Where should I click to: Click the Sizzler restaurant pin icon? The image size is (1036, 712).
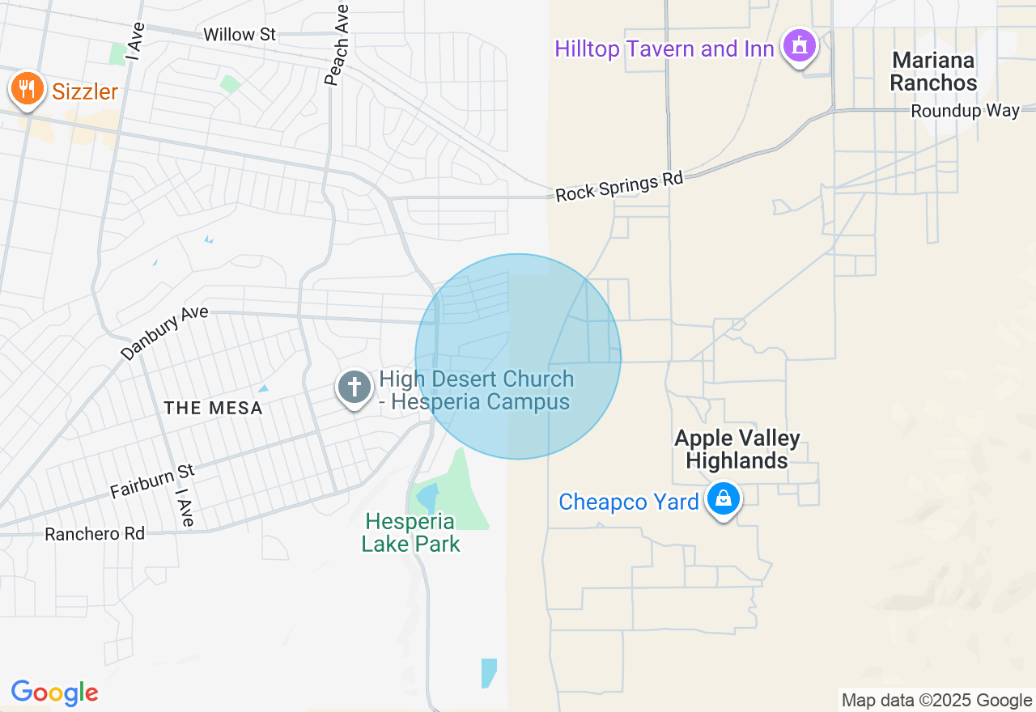pos(28,89)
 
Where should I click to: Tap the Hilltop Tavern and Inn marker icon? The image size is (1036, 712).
pos(800,46)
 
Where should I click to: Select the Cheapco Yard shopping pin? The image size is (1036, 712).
pos(724,499)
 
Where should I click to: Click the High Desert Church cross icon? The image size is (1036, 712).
pos(355,387)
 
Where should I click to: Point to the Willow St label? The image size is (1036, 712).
pos(240,35)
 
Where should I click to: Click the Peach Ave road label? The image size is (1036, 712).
pos(338,45)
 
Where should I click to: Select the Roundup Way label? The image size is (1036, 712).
pos(965,111)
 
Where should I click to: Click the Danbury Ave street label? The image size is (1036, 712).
pos(164,333)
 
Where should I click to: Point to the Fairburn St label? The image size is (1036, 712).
pos(152,481)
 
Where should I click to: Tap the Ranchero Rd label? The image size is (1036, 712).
pos(95,534)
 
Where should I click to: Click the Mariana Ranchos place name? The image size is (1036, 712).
pos(933,71)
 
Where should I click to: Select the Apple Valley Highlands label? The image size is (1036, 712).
pos(737,449)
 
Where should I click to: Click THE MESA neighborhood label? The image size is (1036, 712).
pos(214,408)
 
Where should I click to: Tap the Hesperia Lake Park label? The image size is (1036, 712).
pos(410,532)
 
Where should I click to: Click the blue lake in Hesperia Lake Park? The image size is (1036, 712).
pos(427,496)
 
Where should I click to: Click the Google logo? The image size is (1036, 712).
pos(55,693)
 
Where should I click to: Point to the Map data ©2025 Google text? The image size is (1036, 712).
pos(936,700)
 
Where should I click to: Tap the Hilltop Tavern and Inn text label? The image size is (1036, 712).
pos(664,49)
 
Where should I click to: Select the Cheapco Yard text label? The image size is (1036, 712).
pos(629,502)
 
